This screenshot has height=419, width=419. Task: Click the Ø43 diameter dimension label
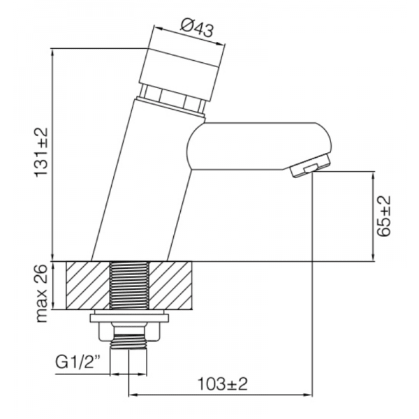(196, 28)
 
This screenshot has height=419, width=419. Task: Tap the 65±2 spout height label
(383, 216)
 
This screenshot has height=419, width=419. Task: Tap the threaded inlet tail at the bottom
(131, 339)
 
